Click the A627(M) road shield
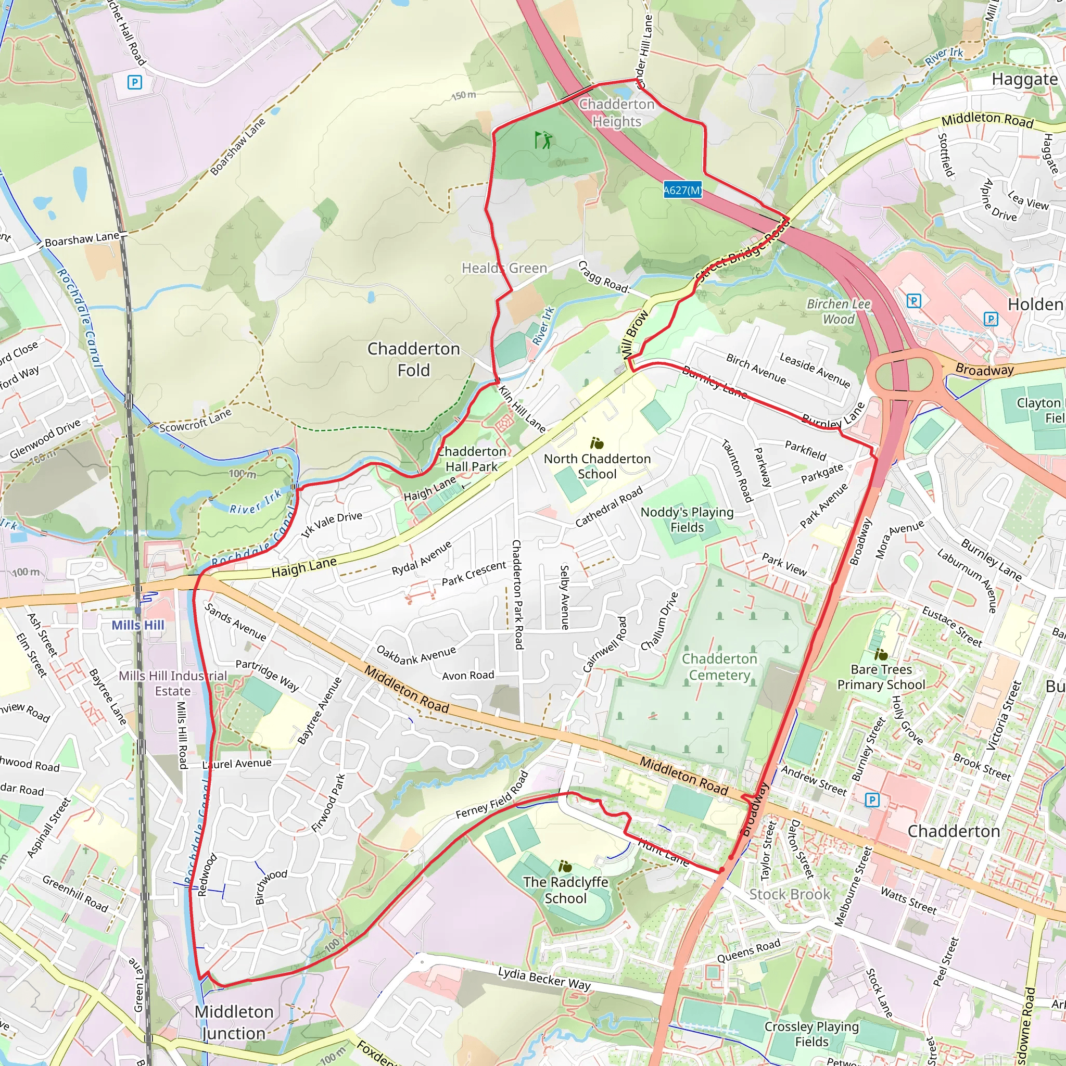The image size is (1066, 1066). (682, 191)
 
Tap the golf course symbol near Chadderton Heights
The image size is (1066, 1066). (543, 140)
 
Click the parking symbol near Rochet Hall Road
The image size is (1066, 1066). (135, 83)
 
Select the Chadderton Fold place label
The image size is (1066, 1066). (413, 359)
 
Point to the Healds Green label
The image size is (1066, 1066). (504, 268)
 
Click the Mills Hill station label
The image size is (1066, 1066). (138, 625)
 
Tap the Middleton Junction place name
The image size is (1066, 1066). (234, 1022)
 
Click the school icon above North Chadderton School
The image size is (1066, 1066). (597, 443)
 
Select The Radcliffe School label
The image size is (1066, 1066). (566, 890)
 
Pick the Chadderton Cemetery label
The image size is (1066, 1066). (719, 667)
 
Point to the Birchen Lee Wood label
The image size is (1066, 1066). (838, 311)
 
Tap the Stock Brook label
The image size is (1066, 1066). (789, 894)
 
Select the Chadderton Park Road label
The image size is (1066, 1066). (517, 594)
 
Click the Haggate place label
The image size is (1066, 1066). (1024, 80)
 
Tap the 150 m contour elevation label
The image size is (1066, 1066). (463, 95)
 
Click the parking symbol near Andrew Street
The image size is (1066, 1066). (872, 799)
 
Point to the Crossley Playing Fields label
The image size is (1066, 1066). (811, 1033)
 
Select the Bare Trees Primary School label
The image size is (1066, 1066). (881, 677)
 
